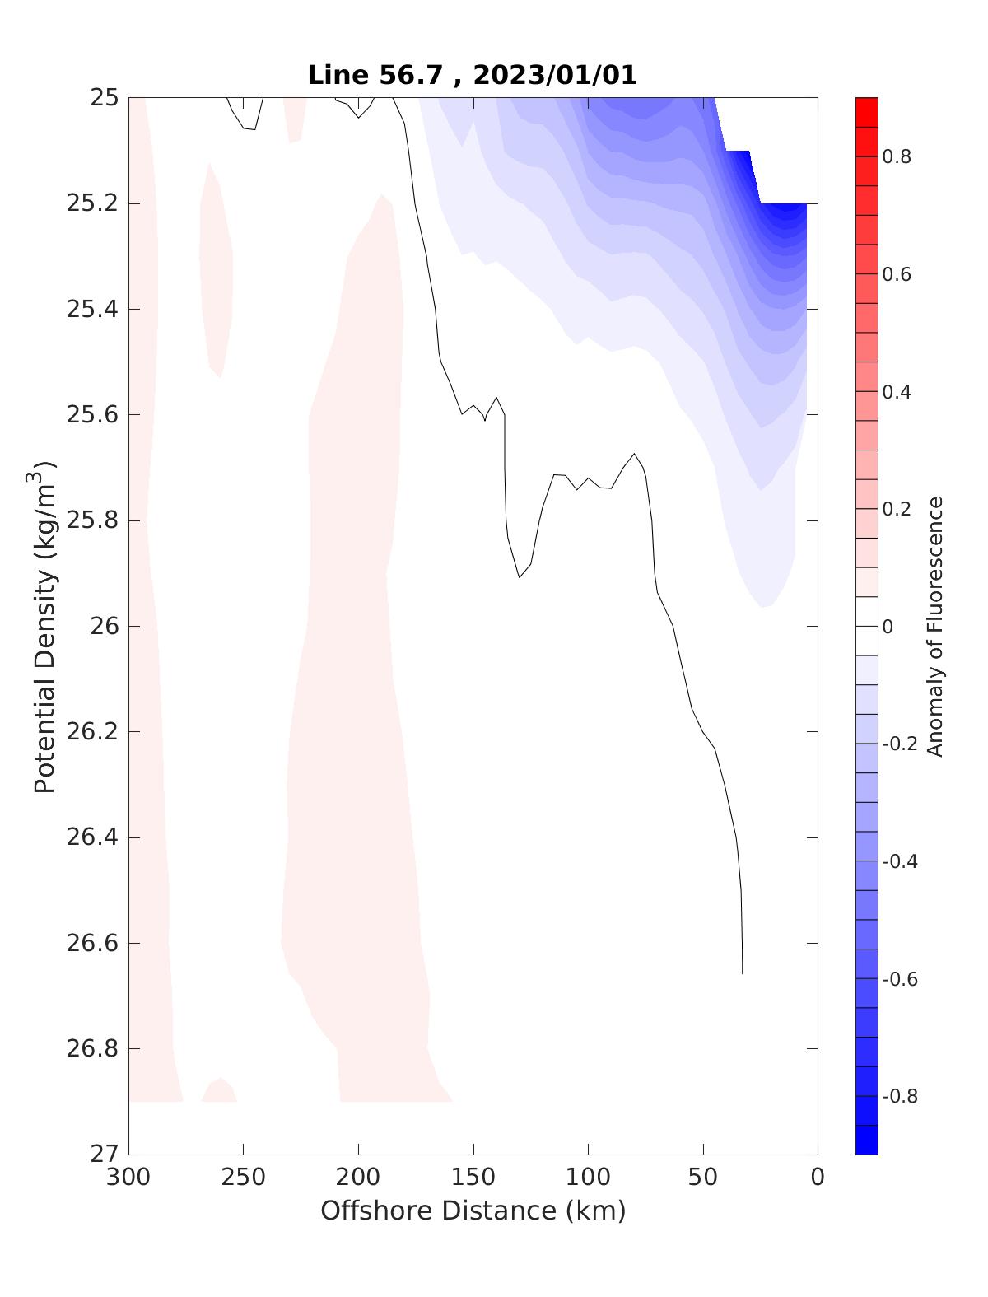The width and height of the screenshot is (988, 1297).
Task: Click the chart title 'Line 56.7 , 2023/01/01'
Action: (x=472, y=75)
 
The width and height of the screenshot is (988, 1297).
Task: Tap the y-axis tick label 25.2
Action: (x=91, y=203)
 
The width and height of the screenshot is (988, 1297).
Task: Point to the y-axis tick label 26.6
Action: (x=91, y=943)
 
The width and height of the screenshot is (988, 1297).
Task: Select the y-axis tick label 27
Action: (x=105, y=1154)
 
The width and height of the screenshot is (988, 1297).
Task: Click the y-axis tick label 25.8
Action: (x=91, y=520)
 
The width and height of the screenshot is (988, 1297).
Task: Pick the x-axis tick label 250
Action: (x=244, y=1178)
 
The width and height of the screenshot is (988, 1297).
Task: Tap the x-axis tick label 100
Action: (x=588, y=1178)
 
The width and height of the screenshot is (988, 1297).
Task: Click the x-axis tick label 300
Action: (x=129, y=1178)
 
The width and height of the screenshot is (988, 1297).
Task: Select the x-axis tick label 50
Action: (x=703, y=1178)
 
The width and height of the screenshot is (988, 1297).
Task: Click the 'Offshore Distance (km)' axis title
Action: (x=473, y=1211)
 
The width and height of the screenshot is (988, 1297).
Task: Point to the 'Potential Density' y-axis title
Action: (x=44, y=626)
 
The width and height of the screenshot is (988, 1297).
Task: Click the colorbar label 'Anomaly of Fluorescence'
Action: (x=934, y=626)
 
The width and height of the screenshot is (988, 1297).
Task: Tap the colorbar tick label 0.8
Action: (x=897, y=156)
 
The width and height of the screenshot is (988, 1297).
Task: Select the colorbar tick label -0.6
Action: (x=899, y=979)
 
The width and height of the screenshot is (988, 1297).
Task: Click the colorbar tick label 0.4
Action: (x=897, y=392)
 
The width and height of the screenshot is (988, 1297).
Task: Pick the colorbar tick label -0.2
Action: (x=899, y=744)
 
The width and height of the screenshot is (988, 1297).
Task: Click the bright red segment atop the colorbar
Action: (x=866, y=111)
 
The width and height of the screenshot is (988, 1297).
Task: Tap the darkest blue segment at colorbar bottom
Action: (x=866, y=1141)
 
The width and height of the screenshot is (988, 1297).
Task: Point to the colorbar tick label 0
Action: (x=888, y=627)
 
